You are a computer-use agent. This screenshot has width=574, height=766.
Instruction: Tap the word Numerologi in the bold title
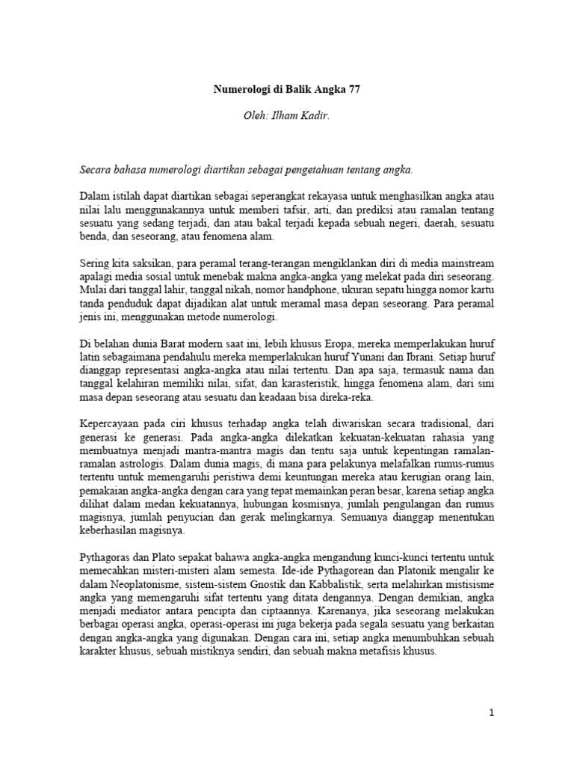[239, 88]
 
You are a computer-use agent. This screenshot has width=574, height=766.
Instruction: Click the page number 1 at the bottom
[491, 713]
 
